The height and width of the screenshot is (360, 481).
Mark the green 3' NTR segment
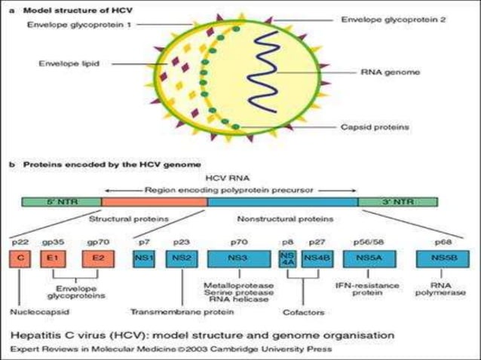pos(401,203)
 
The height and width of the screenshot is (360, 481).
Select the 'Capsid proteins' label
pos(378,127)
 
